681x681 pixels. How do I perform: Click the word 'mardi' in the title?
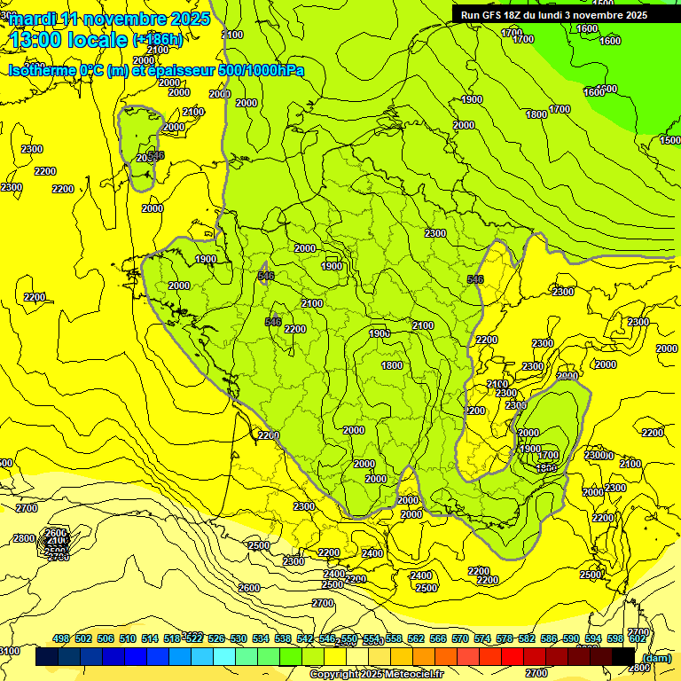point(34,18)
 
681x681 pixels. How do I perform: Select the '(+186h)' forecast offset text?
point(157,40)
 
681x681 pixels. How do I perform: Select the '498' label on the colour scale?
point(61,638)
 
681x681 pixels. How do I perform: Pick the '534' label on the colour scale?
point(261,638)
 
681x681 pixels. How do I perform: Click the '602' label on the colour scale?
point(638,638)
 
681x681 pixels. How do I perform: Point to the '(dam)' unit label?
point(657,657)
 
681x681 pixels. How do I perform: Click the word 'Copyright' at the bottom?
point(336,675)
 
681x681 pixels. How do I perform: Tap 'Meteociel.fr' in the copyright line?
point(412,675)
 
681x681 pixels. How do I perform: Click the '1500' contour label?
point(670,140)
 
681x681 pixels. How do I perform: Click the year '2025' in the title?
point(188,18)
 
